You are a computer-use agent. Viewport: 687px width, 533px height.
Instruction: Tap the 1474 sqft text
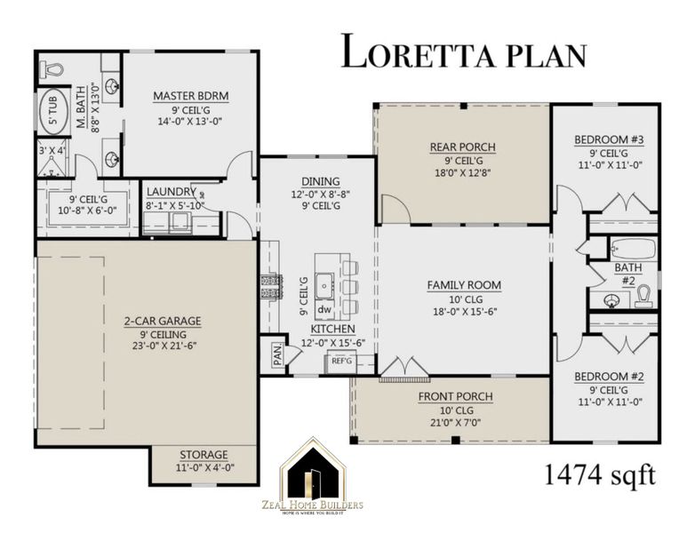(600, 473)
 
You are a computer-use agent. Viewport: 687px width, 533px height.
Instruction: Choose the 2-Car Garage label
(162, 320)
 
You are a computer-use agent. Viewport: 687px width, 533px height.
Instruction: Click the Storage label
(204, 454)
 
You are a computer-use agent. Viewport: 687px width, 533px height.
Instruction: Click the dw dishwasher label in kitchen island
(324, 310)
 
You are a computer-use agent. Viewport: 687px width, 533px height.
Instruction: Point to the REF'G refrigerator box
(341, 362)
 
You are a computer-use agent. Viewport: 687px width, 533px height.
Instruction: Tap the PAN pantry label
(276, 354)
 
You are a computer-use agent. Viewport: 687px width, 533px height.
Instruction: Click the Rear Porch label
(462, 147)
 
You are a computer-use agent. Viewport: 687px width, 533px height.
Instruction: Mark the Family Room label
(464, 285)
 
